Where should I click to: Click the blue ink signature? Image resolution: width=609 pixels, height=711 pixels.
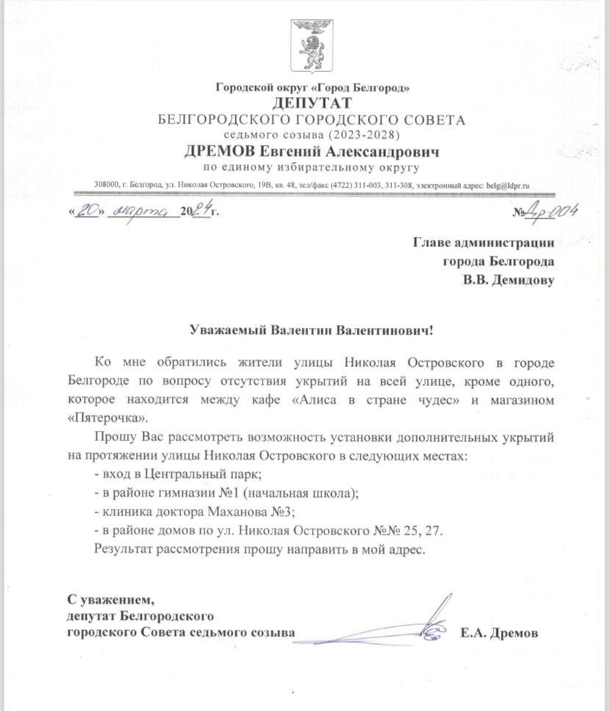point(427,621)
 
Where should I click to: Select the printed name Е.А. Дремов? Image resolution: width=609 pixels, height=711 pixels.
point(499,632)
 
